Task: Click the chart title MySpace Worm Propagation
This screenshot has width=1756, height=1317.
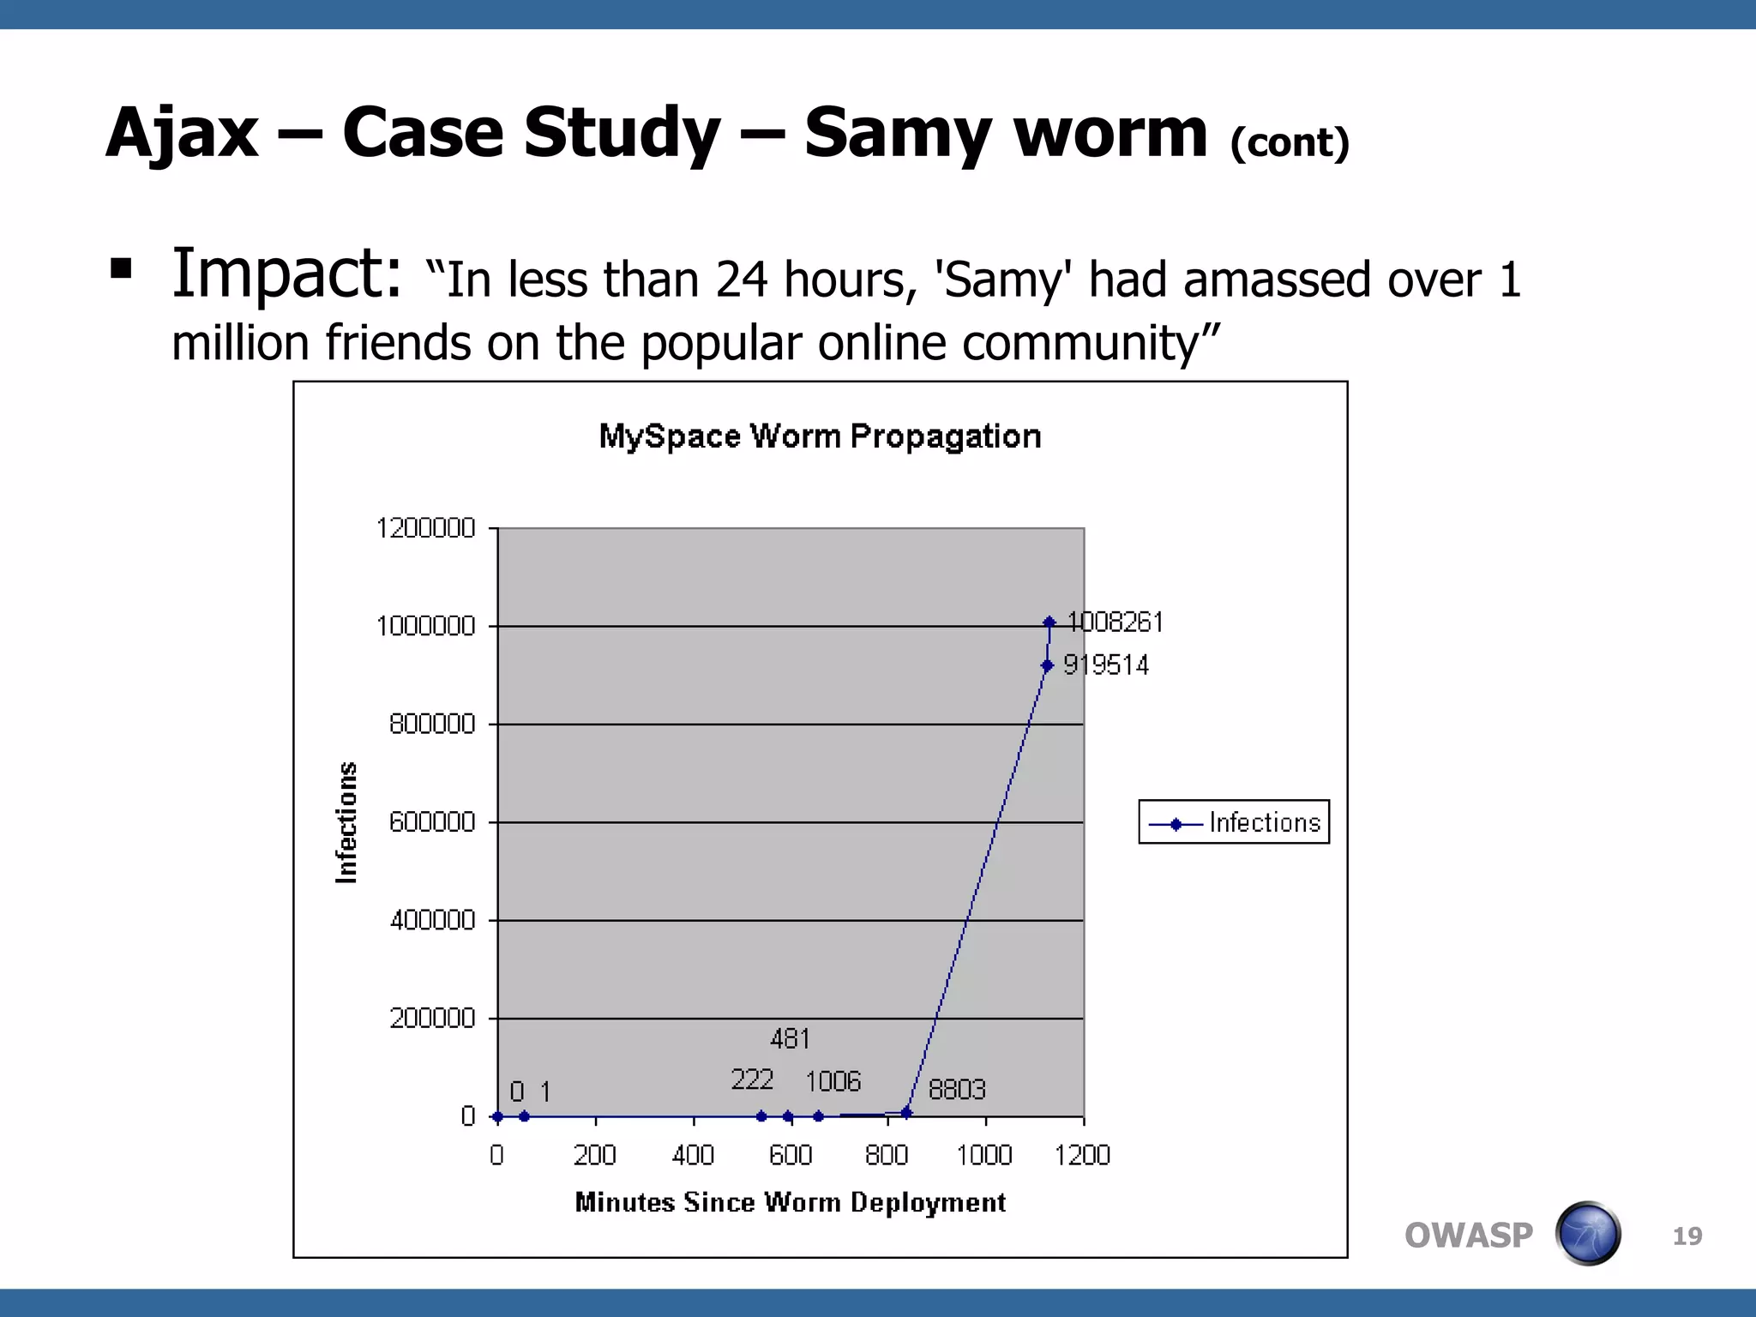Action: point(820,436)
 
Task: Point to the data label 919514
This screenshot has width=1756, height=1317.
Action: point(1106,665)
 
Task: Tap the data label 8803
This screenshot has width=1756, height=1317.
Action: point(957,1090)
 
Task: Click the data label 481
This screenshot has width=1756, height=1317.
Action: point(790,1039)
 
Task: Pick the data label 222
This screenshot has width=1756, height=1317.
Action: point(752,1079)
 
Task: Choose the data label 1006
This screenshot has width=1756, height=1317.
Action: point(833,1082)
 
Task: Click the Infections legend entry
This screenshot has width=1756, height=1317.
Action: point(1234,823)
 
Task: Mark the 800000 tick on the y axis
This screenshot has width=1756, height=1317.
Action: point(432,725)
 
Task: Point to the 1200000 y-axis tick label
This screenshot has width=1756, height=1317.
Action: point(425,528)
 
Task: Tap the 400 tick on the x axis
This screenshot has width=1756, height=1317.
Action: point(693,1156)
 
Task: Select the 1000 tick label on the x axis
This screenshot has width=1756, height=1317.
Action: point(984,1156)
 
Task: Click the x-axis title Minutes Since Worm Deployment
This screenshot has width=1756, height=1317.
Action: point(790,1203)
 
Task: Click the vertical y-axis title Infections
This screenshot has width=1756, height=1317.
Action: point(346,822)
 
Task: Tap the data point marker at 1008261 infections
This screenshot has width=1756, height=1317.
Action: point(1049,622)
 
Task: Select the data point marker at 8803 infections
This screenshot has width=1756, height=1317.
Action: point(907,1113)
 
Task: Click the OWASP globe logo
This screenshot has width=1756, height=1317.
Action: point(1588,1234)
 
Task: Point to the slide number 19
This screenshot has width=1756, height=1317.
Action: point(1687,1236)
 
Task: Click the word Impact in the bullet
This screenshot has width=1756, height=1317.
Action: point(286,274)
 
